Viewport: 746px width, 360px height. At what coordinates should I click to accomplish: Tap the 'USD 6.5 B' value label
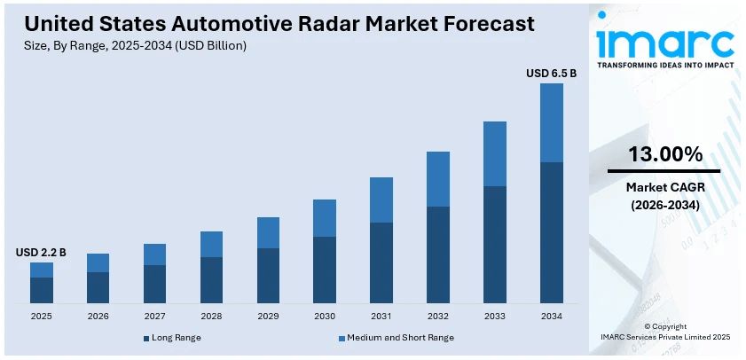pos(551,73)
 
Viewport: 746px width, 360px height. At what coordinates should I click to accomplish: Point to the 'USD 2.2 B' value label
pos(41,253)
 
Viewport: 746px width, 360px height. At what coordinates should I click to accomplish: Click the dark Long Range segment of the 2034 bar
pos(551,232)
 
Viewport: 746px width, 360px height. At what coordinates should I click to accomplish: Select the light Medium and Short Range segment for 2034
pos(551,122)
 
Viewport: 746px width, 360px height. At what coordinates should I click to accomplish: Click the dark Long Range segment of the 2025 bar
pos(42,290)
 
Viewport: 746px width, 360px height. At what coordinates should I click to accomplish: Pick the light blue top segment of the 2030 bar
pos(325,217)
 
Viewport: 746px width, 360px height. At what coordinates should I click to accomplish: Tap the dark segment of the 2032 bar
pos(438,254)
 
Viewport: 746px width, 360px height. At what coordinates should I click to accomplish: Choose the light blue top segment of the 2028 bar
pos(211,244)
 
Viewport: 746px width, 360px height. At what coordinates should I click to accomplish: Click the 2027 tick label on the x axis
pos(154,316)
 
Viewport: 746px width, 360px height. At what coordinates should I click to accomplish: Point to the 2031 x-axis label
pos(381,316)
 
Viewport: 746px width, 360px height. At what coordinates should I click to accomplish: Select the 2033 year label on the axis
pos(494,316)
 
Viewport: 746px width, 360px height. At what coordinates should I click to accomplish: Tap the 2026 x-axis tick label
pos(98,316)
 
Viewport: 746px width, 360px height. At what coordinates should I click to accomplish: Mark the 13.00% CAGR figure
pos(664,154)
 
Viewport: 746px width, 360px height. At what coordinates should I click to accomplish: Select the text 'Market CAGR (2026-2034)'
pos(664,196)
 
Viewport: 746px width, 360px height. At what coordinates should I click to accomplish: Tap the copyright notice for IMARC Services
pos(664,332)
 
